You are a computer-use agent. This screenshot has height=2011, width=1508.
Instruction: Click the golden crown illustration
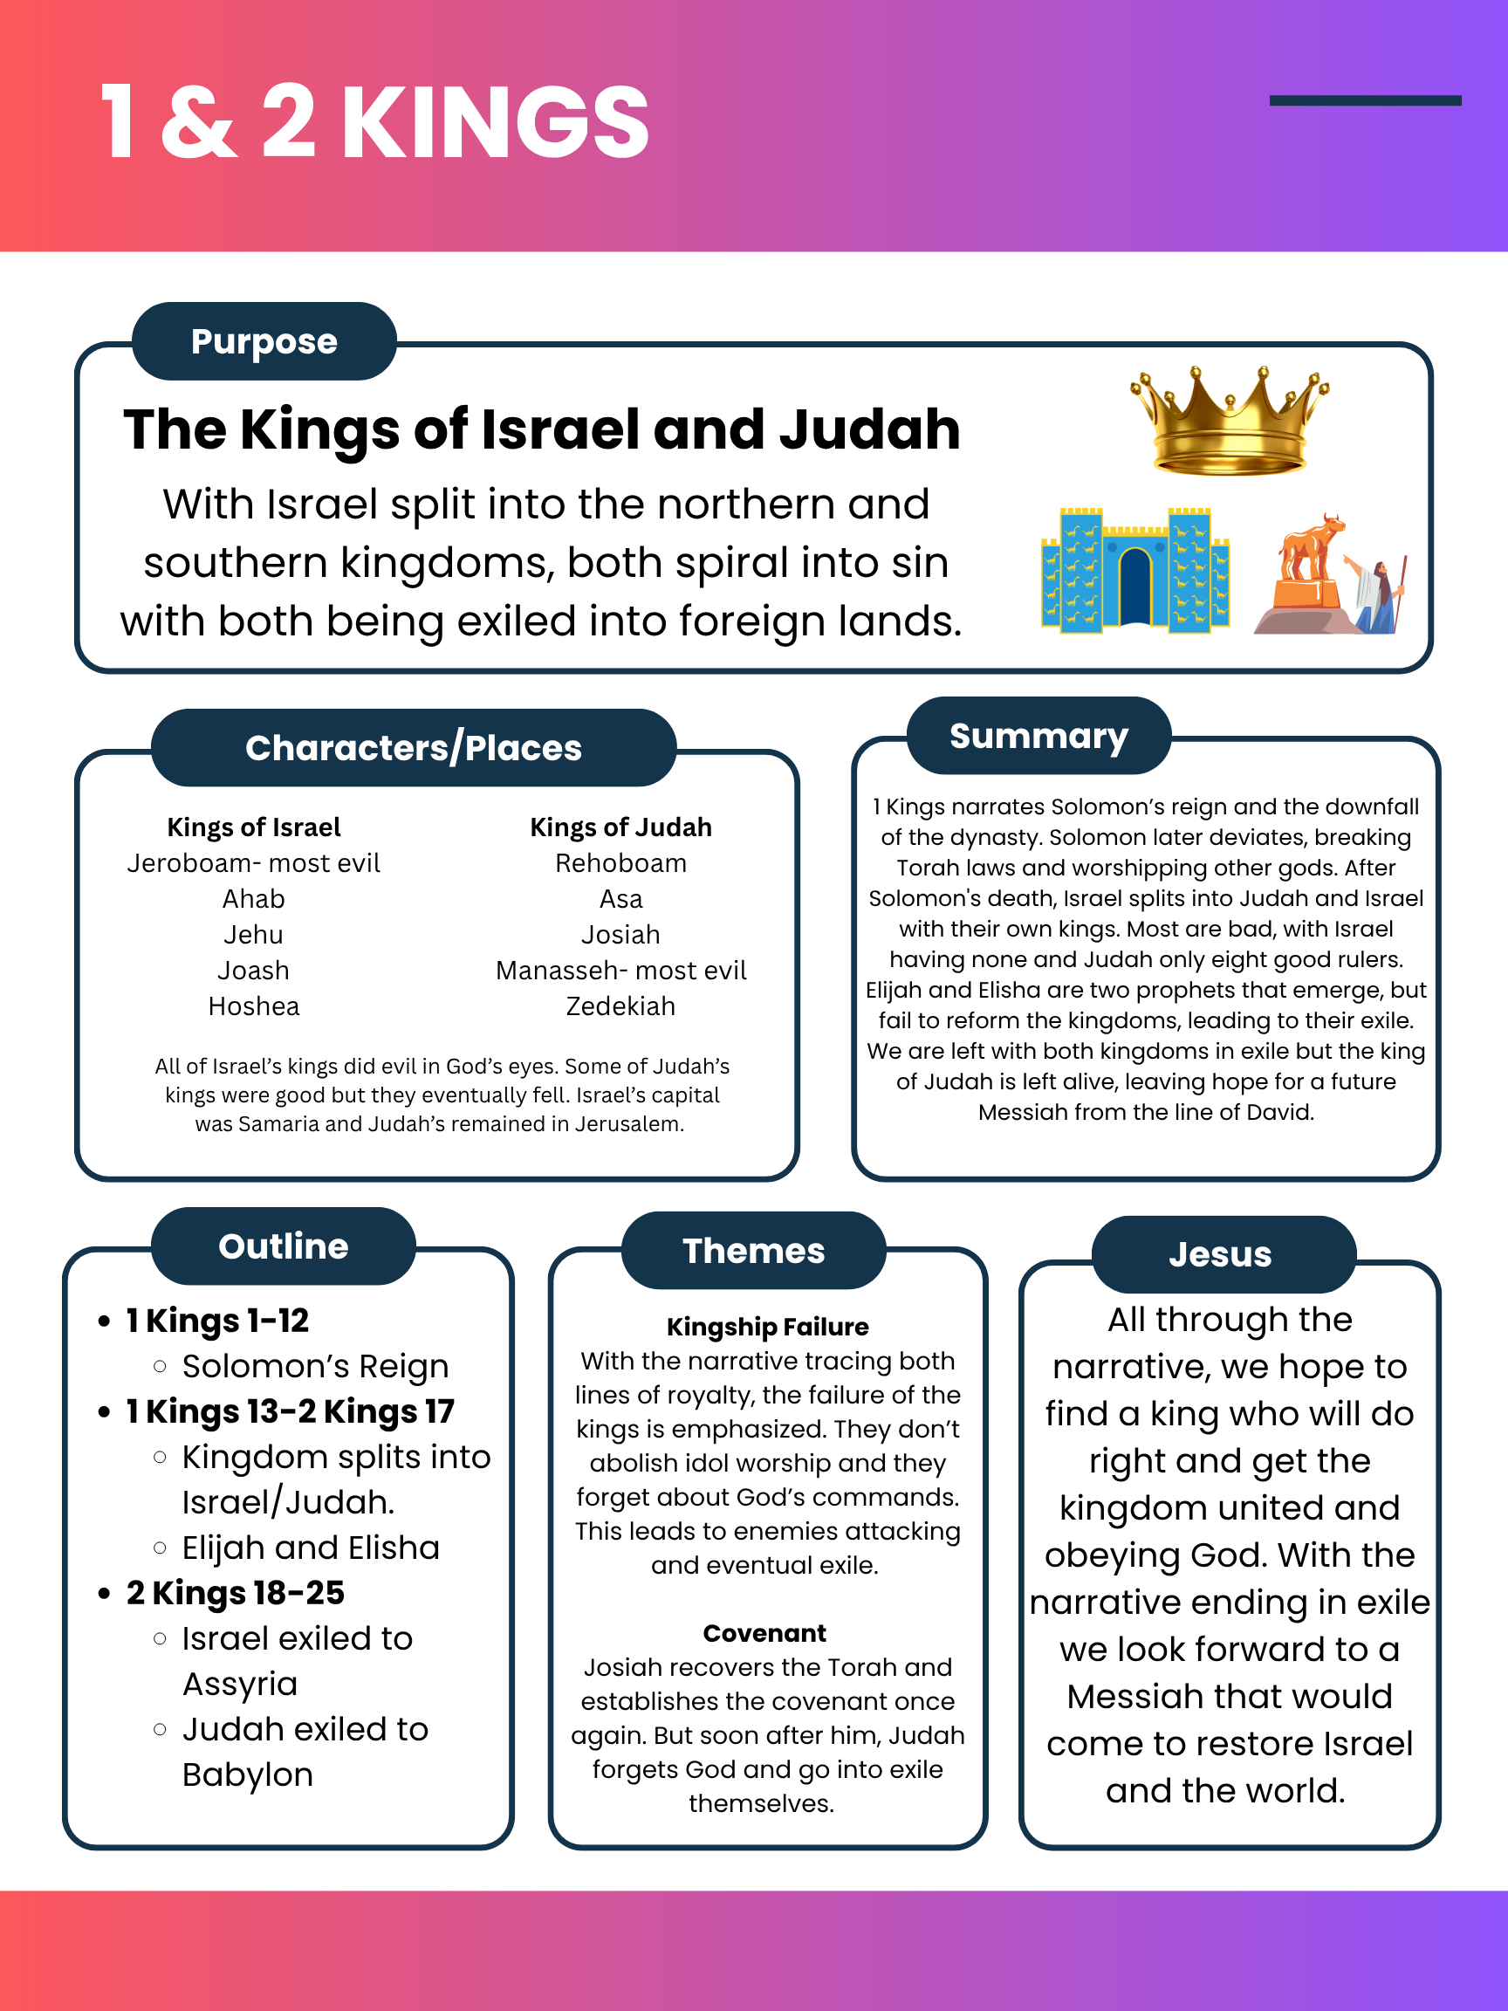point(1229,421)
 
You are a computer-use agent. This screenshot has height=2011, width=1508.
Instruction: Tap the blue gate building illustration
point(1134,570)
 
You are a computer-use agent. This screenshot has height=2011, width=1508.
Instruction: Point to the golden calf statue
point(1312,548)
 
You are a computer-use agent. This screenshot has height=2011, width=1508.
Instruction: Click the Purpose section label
point(264,342)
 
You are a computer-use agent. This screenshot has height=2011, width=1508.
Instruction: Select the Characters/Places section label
point(414,748)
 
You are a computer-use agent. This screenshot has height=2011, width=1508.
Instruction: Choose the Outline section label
point(283,1246)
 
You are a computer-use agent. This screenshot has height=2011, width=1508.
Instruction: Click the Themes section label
point(753,1251)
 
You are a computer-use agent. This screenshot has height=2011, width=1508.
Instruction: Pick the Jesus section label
point(1220,1254)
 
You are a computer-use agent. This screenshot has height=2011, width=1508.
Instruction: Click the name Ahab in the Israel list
point(254,899)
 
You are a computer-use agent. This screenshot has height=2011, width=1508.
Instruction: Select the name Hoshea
point(254,1006)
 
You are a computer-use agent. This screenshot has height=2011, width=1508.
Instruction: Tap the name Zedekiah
point(620,1006)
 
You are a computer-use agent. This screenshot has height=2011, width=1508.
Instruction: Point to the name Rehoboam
point(620,862)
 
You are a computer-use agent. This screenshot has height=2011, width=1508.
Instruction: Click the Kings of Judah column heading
point(620,827)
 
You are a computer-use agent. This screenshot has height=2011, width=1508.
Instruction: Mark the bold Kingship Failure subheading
point(767,1328)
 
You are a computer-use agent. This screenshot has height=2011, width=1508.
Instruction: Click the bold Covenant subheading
point(764,1634)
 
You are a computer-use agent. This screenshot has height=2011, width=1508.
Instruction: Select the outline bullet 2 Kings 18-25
point(236,1593)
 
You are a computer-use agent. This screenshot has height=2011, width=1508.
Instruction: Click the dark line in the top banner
point(1364,101)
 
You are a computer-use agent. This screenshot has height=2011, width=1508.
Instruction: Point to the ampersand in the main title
point(199,123)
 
